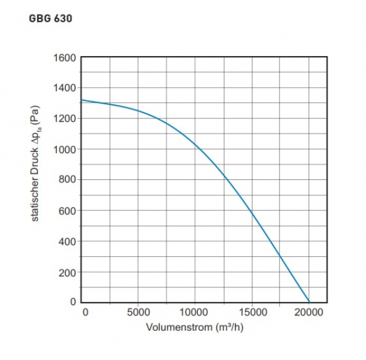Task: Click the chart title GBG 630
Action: click(x=51, y=19)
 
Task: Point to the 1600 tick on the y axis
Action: click(x=64, y=58)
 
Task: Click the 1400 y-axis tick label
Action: click(x=64, y=88)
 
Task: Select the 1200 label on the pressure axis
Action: click(x=64, y=119)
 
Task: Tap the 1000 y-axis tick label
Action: click(x=64, y=149)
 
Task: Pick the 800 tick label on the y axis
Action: click(x=66, y=180)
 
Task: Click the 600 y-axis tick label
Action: click(x=66, y=211)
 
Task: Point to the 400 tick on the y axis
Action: click(x=66, y=242)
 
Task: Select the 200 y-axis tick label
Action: click(x=66, y=272)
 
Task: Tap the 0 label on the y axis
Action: click(x=73, y=302)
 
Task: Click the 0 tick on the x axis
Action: click(x=85, y=312)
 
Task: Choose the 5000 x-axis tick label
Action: click(x=138, y=312)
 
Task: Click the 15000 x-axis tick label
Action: click(x=252, y=312)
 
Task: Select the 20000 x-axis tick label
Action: click(x=309, y=312)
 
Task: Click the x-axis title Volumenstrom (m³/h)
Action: click(x=195, y=327)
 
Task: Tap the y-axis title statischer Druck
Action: click(x=35, y=165)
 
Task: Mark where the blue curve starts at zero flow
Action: click(x=82, y=100)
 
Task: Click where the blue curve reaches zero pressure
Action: click(x=309, y=302)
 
